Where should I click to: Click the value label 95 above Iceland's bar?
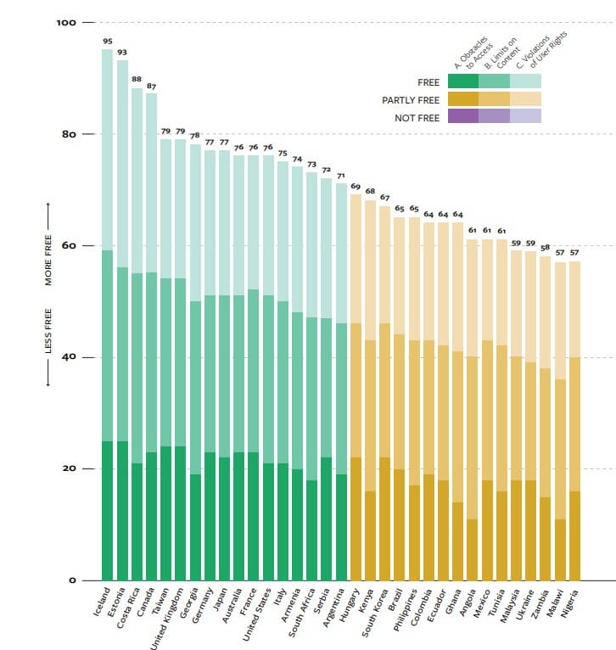[x=108, y=41]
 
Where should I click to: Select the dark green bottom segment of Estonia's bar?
[x=122, y=509]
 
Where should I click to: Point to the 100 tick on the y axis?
[x=66, y=22]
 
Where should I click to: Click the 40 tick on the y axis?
[x=68, y=357]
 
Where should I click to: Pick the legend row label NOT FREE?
[x=417, y=117]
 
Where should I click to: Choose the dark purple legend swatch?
[x=463, y=117]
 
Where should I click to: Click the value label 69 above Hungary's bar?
[x=356, y=186]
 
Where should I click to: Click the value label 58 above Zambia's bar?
[x=544, y=247]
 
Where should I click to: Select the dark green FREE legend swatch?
[x=463, y=81]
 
